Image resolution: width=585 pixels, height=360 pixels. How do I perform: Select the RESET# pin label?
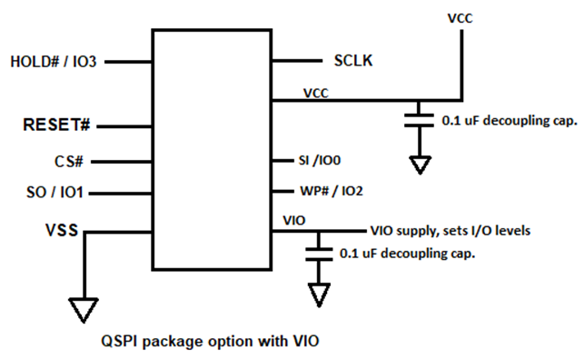[61, 124]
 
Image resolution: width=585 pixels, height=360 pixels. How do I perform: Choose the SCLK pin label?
[350, 62]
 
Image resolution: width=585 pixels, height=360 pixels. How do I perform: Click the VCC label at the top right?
[461, 17]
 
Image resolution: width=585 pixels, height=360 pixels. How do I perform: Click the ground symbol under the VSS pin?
[84, 310]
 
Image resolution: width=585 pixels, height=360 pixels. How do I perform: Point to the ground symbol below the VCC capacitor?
[419, 165]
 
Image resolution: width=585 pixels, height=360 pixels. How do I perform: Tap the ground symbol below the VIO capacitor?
[318, 294]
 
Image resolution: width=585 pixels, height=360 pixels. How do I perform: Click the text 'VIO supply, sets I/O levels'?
[450, 230]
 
